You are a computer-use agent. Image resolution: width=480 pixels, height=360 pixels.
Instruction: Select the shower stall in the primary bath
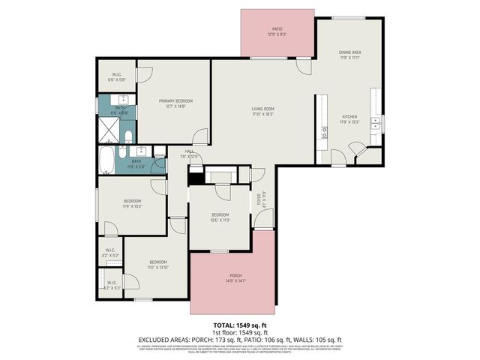pos(109,132)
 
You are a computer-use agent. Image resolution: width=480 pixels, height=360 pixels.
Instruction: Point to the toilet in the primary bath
pos(127,136)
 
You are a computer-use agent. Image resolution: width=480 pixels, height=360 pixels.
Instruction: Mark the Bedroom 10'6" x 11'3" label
pos(219,217)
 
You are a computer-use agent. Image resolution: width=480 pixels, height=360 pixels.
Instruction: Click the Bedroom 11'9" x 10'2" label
pos(131,203)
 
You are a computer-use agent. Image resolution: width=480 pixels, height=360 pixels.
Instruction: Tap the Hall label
pos(181,153)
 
